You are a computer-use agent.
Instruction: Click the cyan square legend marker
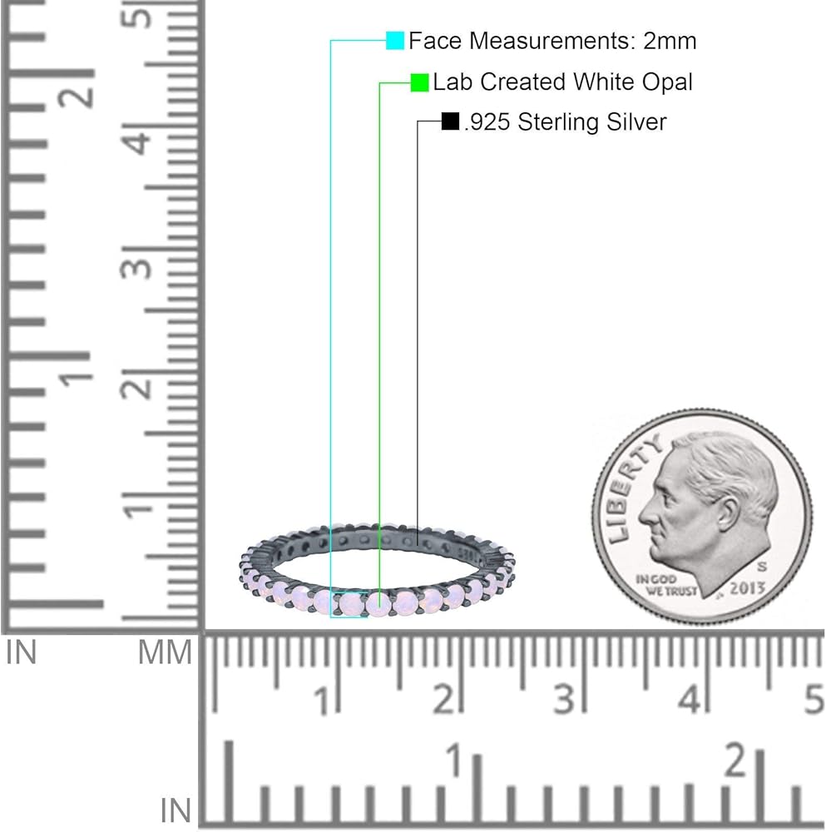(394, 41)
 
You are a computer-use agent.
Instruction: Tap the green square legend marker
(419, 82)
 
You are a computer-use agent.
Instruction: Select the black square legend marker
(450, 121)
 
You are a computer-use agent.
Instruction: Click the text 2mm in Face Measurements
(670, 42)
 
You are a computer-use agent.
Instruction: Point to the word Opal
(667, 82)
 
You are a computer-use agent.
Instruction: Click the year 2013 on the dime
(747, 588)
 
